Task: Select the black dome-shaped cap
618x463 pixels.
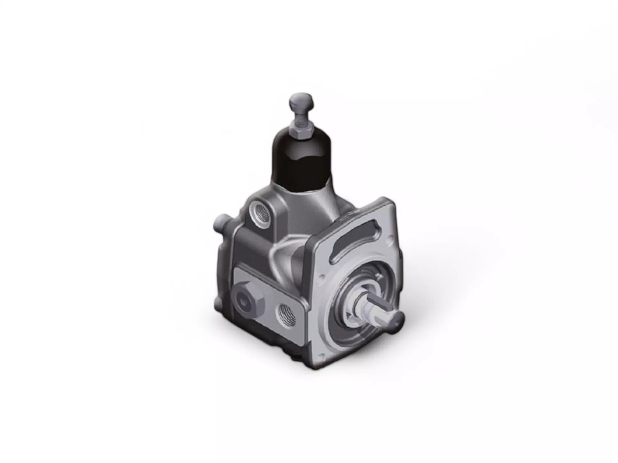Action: [x=302, y=161]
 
